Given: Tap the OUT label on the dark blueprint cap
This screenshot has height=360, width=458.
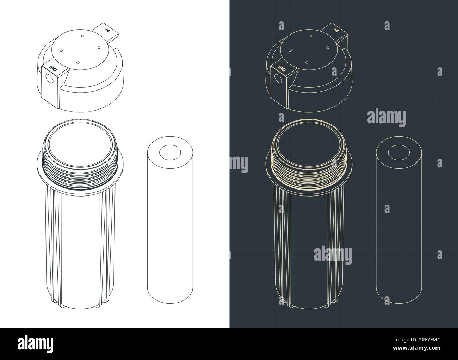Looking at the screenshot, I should point(281,67).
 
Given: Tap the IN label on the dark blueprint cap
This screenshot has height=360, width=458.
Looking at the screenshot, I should point(337,30).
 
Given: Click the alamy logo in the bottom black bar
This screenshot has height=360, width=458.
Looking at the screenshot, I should point(36,344).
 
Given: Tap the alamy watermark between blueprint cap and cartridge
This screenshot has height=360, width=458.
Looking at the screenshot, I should point(386,117).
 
